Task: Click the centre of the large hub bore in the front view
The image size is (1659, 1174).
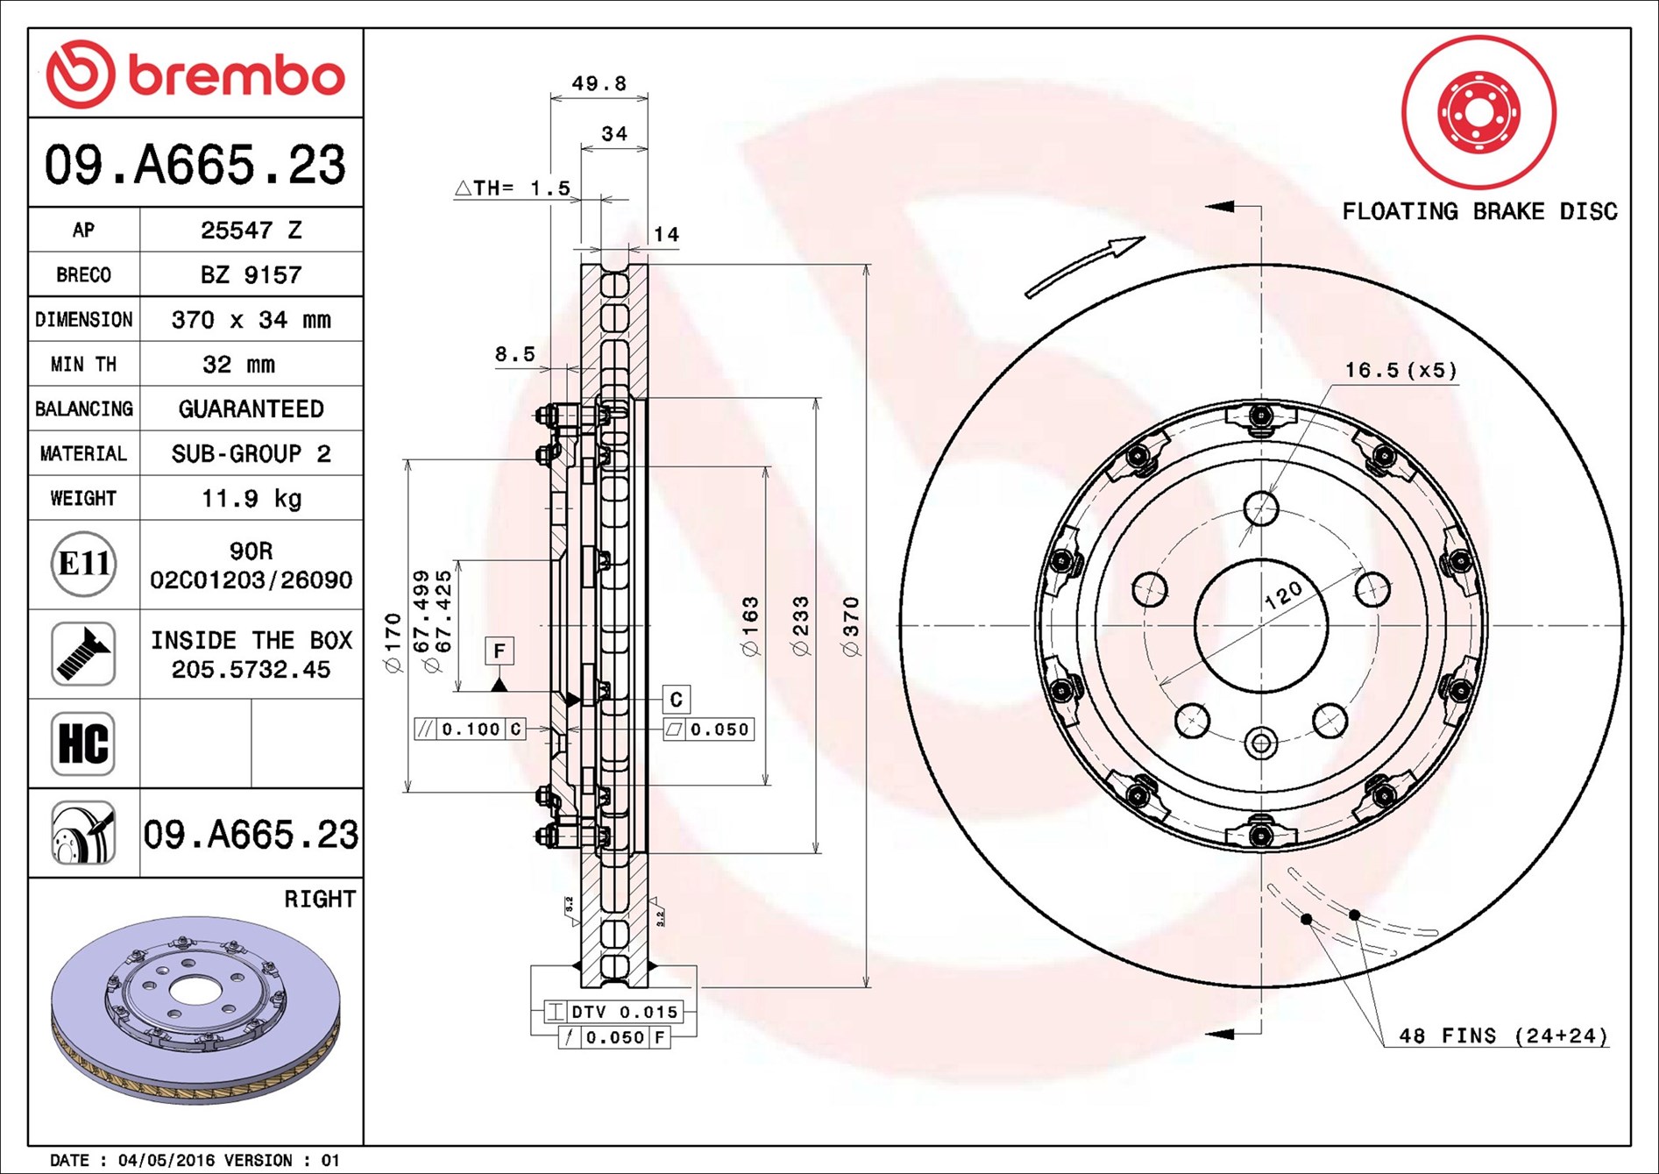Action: (x=1261, y=625)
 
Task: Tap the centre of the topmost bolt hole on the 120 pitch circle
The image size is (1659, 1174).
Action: (x=1261, y=509)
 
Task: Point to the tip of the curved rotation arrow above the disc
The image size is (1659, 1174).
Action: (x=1144, y=238)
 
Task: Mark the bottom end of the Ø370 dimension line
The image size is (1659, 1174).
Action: (x=866, y=986)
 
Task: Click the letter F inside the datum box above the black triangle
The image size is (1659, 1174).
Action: (x=500, y=651)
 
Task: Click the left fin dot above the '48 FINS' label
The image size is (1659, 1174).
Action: (x=1306, y=919)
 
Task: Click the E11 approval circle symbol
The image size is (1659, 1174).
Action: (x=83, y=564)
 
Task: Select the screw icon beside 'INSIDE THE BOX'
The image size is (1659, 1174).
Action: (x=83, y=654)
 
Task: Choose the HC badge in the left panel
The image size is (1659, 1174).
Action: (x=83, y=744)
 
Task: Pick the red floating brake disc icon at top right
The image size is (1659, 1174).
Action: (x=1478, y=112)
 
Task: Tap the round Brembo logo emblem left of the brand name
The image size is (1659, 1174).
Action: (x=81, y=74)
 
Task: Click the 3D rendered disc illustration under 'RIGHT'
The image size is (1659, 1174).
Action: (x=195, y=1009)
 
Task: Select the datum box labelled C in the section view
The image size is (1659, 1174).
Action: (x=676, y=699)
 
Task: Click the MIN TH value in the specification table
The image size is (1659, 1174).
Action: (x=238, y=364)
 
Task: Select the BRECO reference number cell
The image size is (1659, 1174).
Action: (x=251, y=274)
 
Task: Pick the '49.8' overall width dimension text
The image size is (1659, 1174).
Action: (x=599, y=83)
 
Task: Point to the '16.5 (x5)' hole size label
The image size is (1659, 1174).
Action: (x=1401, y=370)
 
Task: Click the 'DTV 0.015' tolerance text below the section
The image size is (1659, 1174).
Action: (x=625, y=1012)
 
